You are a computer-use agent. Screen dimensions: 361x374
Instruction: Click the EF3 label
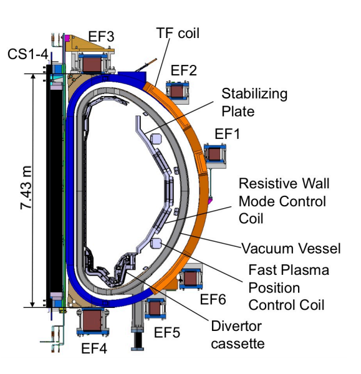[x=101, y=37]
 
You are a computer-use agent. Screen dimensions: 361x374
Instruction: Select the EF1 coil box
[x=214, y=154]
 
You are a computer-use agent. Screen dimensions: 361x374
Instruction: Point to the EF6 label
[x=213, y=299]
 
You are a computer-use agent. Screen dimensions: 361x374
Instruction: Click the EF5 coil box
[x=155, y=309]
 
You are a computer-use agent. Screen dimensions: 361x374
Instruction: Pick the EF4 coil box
[x=93, y=321]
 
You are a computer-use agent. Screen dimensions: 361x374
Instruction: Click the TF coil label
[x=178, y=33]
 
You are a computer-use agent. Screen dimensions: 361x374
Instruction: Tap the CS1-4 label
[x=28, y=54]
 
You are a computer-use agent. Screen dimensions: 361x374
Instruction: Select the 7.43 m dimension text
[x=26, y=188]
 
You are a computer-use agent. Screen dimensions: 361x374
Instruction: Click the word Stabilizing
[x=254, y=94]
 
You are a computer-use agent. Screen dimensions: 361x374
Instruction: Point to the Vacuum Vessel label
[x=291, y=248]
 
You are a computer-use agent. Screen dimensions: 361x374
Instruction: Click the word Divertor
[x=236, y=326]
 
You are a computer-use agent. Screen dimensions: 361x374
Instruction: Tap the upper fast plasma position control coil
[x=156, y=138]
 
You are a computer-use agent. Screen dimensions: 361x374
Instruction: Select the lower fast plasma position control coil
[x=156, y=244]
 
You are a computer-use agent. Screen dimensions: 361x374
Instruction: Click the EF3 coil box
[x=92, y=63]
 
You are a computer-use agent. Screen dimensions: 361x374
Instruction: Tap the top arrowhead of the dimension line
[x=33, y=76]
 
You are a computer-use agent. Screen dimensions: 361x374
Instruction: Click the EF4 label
[x=94, y=348]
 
